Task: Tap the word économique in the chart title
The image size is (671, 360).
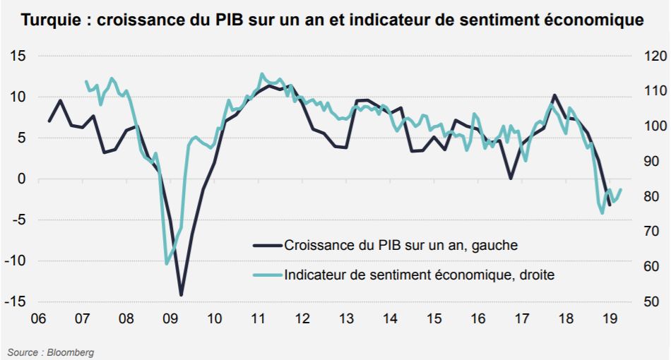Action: point(599,20)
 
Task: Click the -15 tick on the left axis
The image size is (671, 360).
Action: point(15,301)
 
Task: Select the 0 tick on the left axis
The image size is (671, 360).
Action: point(21,179)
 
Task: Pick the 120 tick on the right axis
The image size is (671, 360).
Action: point(655,56)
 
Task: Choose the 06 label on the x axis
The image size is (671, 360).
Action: point(39,318)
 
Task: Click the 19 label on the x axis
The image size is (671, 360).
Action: point(610,318)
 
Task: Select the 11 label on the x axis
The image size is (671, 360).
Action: point(258,318)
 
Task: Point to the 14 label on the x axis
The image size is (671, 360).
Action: point(390,318)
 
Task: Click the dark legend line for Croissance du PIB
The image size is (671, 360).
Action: point(268,246)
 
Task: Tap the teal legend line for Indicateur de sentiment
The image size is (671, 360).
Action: point(268,275)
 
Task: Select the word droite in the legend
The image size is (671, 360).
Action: point(537,275)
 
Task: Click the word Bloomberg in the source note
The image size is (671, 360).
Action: point(70,353)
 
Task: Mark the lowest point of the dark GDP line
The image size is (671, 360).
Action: point(181,294)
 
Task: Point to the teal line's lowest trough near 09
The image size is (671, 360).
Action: point(167,263)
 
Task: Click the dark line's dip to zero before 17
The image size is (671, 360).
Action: point(511,178)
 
